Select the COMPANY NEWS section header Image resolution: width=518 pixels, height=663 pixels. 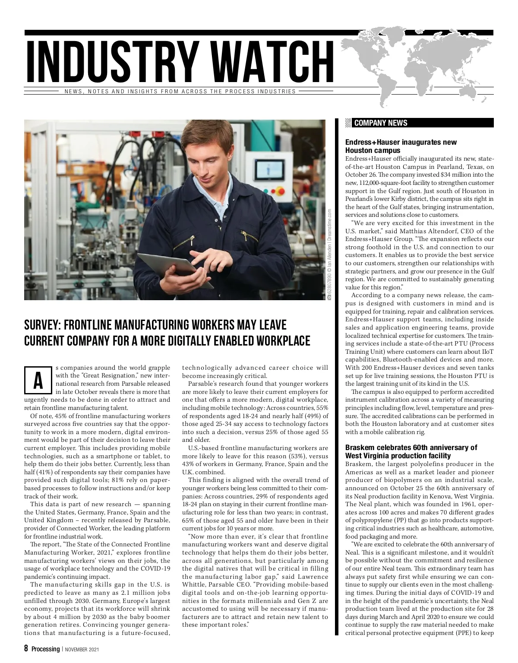380,123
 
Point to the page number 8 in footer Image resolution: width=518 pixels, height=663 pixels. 26,649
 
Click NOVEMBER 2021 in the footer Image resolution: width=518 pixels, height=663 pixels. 82,649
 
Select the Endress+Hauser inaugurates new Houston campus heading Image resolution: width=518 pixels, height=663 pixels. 401,146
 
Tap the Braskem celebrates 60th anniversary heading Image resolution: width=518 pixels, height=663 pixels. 411,451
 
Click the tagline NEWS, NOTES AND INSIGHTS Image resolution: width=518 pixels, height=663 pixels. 180,92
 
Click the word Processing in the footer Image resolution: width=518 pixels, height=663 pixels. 45,649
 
